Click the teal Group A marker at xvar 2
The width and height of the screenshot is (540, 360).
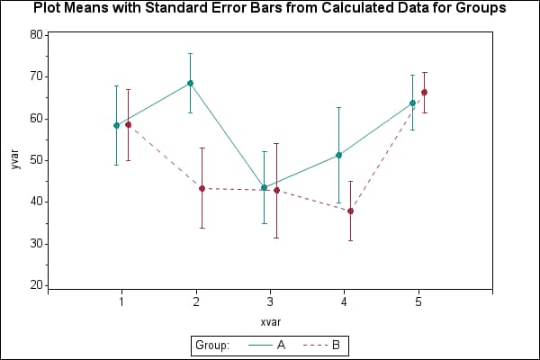coord(190,83)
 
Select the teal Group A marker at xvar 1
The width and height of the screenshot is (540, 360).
coord(116,125)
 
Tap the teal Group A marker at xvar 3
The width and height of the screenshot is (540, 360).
coord(265,187)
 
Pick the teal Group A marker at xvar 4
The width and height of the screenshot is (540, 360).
coord(338,155)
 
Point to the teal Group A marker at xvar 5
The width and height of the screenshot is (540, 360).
coord(413,103)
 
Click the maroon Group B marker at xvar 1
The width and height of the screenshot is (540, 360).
coord(128,124)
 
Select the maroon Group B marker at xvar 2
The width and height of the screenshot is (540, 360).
coord(202,188)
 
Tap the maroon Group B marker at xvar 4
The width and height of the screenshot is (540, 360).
coord(350,211)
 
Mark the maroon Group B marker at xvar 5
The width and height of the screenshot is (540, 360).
coord(424,92)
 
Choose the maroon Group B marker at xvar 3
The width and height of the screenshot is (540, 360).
coord(276,190)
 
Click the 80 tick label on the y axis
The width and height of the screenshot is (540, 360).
coord(36,35)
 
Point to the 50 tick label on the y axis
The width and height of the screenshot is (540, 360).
coord(36,160)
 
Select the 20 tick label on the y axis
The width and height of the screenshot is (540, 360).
coord(36,285)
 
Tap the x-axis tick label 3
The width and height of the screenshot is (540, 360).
coord(270,302)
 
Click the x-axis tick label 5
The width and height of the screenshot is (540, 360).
coord(418,302)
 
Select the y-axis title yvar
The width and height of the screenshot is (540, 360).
coord(15,160)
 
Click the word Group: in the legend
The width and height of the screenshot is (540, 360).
coord(213,345)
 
